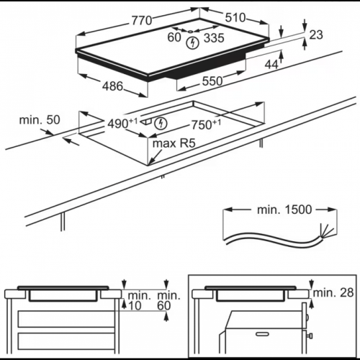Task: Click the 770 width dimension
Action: tap(142, 20)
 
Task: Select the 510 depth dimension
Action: tap(235, 17)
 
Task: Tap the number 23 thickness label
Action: tap(316, 35)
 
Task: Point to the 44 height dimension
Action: tap(271, 64)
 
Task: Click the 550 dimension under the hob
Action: tap(212, 81)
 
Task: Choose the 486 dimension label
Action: tap(112, 86)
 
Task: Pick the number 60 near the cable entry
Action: tap(174, 37)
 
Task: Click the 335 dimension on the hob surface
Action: tap(214, 38)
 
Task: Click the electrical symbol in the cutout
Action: tap(161, 123)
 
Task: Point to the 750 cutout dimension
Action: tap(206, 124)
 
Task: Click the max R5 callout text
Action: tap(174, 143)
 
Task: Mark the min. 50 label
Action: tap(40, 120)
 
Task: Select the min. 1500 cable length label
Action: tap(284, 210)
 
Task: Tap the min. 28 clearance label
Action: tap(333, 292)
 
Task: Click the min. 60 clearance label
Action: tap(168, 300)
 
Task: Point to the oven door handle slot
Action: tap(262, 334)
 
